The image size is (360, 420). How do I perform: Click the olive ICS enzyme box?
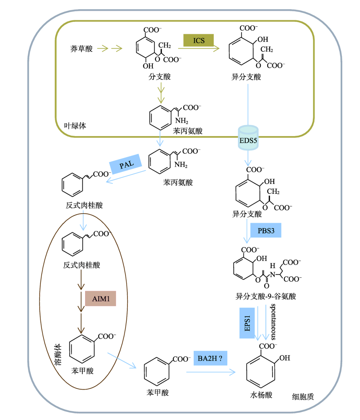click(x=198, y=40)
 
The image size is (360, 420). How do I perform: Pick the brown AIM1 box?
click(x=100, y=298)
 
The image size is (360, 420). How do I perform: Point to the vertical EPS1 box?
click(x=247, y=323)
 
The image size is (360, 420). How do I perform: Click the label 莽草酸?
click(x=81, y=49)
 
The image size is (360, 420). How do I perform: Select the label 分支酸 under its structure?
click(x=159, y=77)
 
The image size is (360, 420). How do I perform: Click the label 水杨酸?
click(x=261, y=395)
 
